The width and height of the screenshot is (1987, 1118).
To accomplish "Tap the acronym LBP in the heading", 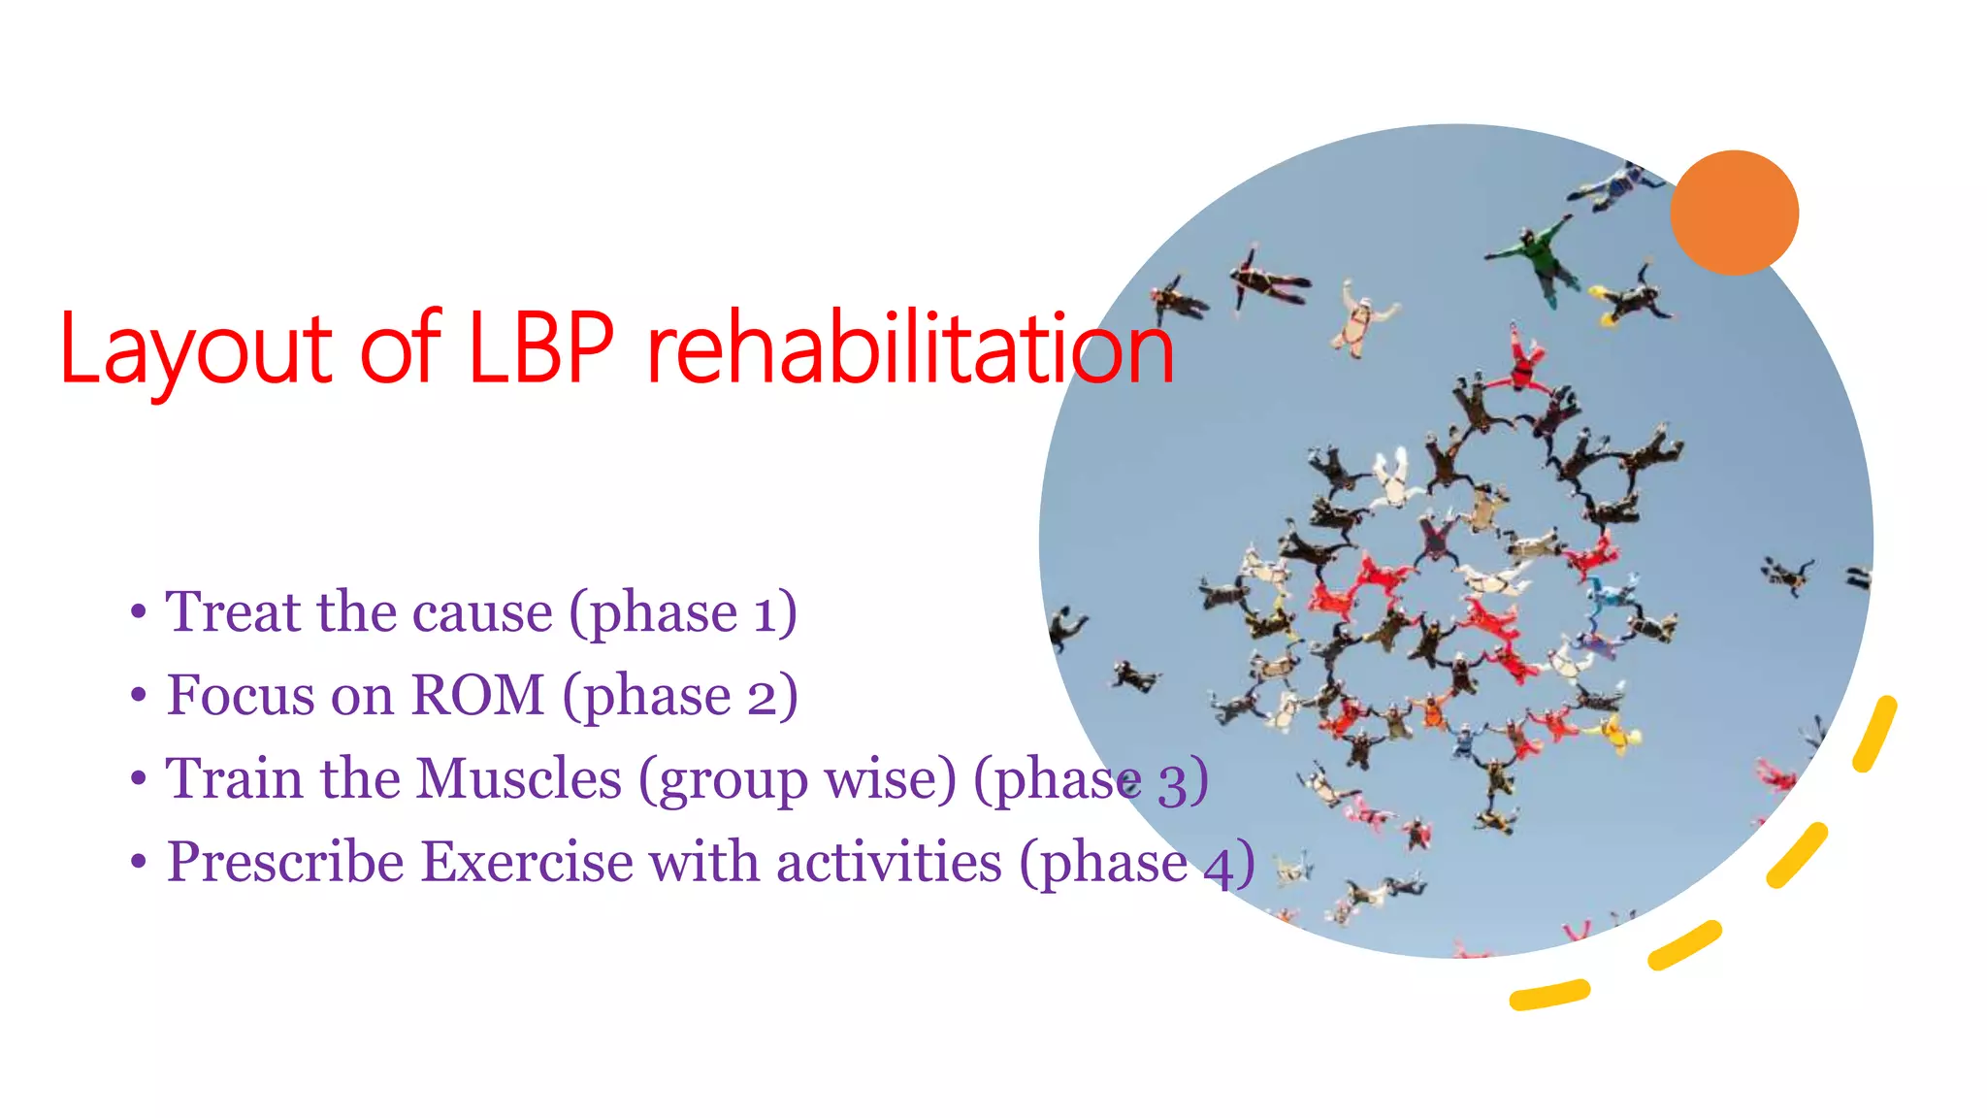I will click(540, 346).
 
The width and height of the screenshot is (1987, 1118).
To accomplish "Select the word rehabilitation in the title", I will click(910, 346).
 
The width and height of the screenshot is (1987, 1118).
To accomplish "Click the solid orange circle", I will click(1734, 213).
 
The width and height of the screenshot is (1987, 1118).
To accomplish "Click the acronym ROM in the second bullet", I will click(477, 695).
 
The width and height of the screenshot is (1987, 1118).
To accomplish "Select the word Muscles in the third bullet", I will click(519, 778).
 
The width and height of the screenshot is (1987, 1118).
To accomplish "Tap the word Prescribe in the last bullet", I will click(285, 862).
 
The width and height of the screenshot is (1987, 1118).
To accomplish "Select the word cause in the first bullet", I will click(482, 613).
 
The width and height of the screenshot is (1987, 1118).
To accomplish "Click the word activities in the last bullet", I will click(889, 862).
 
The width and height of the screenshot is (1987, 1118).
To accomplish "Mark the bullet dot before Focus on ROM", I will click(139, 696).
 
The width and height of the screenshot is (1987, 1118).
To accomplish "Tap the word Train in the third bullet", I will click(234, 778).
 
